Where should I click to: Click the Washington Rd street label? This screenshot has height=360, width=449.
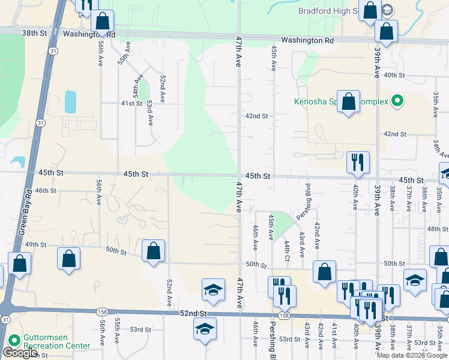click(x=307, y=40)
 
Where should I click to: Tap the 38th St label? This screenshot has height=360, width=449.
click(x=34, y=34)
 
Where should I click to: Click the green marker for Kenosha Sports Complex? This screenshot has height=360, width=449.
click(x=396, y=101)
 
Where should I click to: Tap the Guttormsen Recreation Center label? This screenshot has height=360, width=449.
click(x=56, y=342)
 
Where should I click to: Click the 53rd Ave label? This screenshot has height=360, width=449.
click(x=149, y=112)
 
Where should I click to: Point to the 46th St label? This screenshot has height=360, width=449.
click(x=46, y=190)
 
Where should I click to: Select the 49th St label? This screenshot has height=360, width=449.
click(x=35, y=244)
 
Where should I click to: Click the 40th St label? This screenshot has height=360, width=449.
click(x=394, y=75)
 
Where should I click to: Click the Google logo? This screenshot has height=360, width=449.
click(x=20, y=353)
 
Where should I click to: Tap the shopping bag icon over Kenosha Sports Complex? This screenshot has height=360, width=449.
click(x=348, y=101)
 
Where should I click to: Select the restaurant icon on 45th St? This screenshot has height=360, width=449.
click(x=357, y=162)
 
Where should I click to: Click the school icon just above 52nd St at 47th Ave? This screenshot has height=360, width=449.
click(x=212, y=290)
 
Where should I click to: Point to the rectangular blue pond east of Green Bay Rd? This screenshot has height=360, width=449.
click(x=70, y=102)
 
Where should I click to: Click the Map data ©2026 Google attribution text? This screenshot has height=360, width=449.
click(x=411, y=355)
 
